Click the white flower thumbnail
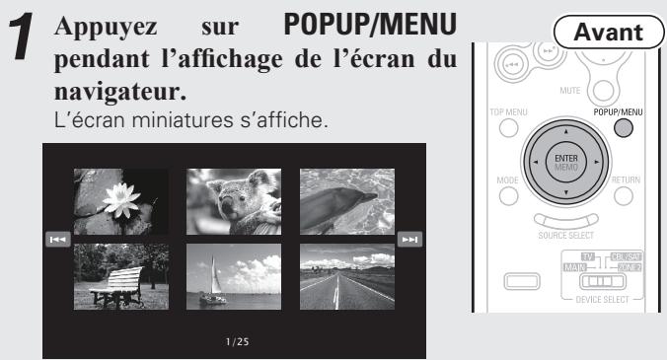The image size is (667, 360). [120, 199]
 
